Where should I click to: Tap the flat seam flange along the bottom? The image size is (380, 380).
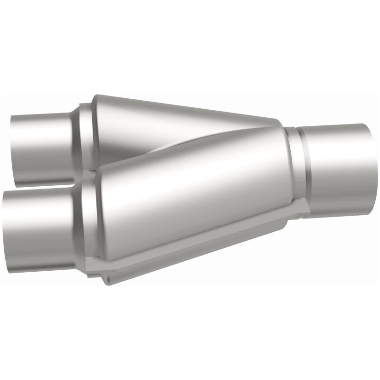click(199, 252)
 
